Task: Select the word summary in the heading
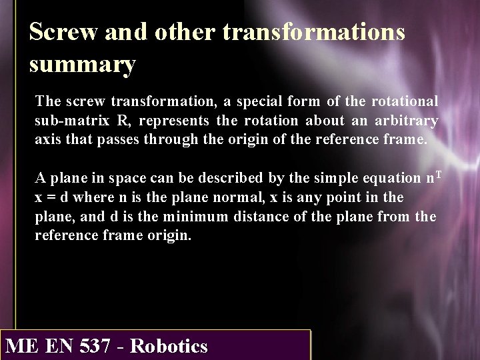[83, 64]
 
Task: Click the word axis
[48, 141]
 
